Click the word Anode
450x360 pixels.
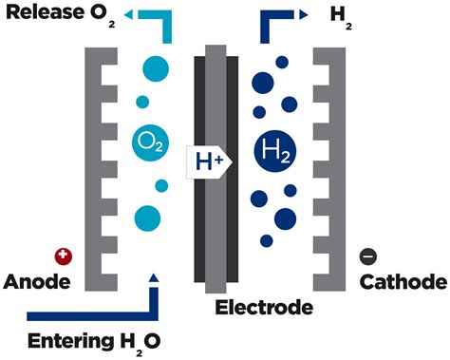(36, 282)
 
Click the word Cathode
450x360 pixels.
(403, 282)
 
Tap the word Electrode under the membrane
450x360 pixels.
(263, 307)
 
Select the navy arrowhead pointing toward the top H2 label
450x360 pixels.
(303, 15)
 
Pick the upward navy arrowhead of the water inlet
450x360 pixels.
(155, 277)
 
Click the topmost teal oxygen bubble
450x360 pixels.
(156, 69)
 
